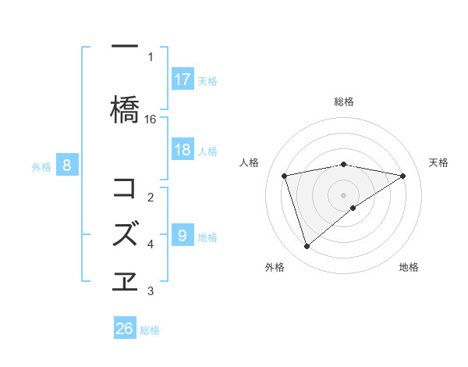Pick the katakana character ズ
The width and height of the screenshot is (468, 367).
point(126,233)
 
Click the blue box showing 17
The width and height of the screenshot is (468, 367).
point(183,80)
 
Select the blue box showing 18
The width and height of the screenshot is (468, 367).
point(183,150)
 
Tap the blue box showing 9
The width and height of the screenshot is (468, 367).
point(183,236)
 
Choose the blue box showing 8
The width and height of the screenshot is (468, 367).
point(67,166)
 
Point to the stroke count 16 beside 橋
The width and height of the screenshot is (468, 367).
point(151,119)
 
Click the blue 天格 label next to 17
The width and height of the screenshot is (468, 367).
point(207,80)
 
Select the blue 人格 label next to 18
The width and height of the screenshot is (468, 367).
point(207,151)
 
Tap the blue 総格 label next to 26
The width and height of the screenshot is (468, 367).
point(150,330)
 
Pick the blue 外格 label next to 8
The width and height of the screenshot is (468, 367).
point(41,166)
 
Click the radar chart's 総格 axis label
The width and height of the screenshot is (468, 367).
point(343,102)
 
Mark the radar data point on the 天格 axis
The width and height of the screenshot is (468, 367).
point(403,176)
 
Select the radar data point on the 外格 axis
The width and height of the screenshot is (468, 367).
point(307,247)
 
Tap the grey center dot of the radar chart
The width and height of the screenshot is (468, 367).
point(343,194)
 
